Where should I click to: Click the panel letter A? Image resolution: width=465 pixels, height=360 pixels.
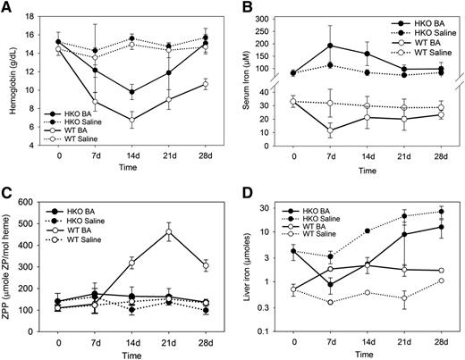click(7, 8)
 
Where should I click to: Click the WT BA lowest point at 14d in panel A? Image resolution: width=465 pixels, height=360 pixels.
click(132, 120)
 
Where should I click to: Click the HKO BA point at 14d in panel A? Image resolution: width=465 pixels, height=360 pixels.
click(132, 91)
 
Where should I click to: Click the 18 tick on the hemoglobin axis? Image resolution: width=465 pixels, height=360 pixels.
click(38, 15)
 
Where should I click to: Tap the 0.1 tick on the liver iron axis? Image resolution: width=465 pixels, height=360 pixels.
click(271, 331)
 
